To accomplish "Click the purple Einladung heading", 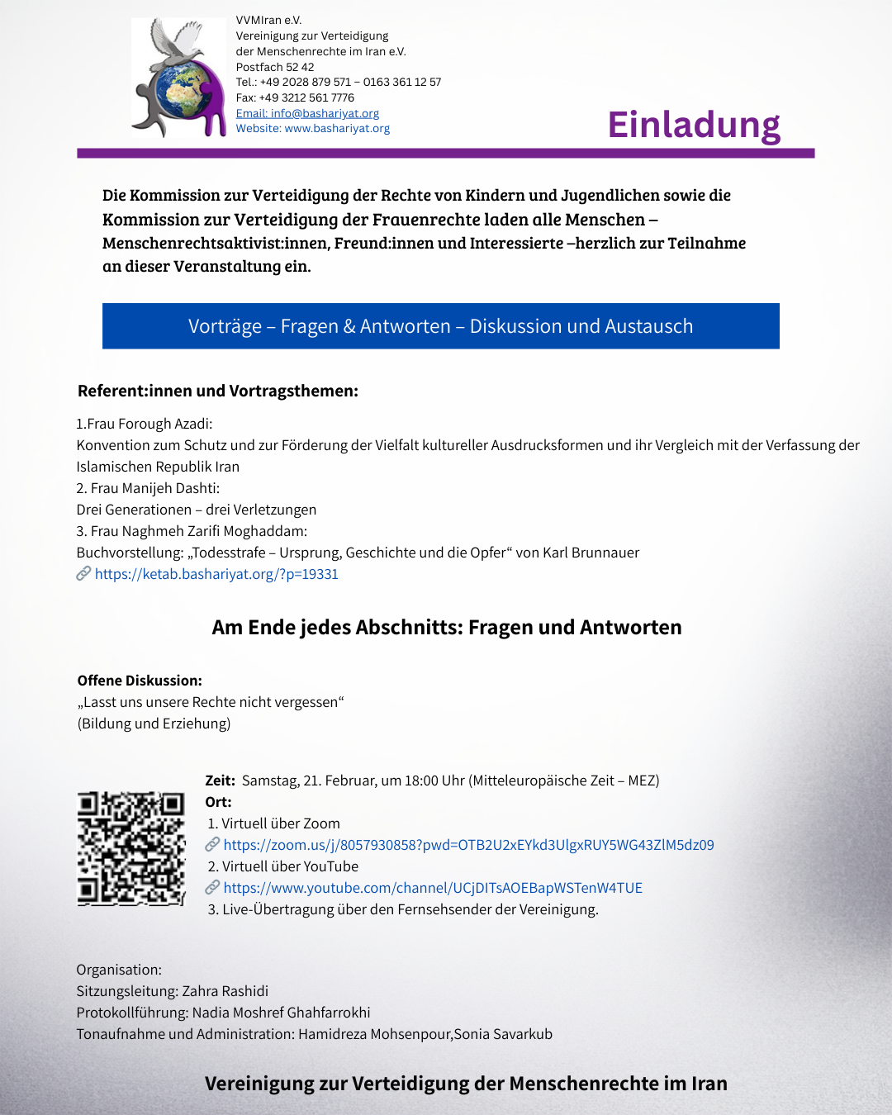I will point(694,125).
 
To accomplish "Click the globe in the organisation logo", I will point(182,89).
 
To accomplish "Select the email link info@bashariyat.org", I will point(307,113).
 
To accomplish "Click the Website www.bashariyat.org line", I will point(312,129).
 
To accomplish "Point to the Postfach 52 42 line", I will point(275,67).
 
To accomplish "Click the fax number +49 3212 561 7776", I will point(306,97).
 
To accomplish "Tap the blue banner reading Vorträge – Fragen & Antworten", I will point(440,326).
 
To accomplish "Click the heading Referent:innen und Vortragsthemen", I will point(218,391).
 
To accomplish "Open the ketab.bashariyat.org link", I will point(216,574).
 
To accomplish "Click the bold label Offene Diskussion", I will point(140,681).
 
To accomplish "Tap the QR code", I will point(131,848).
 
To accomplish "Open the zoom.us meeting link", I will point(468,845).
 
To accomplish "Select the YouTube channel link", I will point(433,888).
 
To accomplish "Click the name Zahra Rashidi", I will point(225,991).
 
